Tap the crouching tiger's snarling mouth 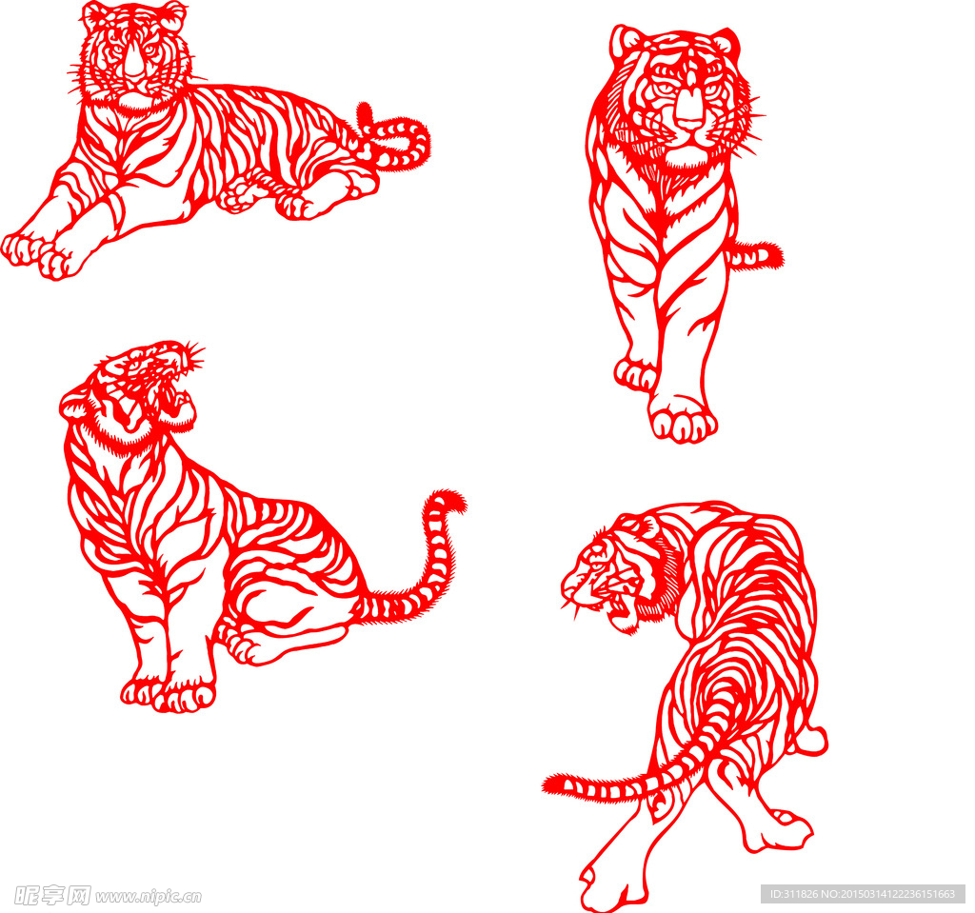616,605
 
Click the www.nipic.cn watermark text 148,896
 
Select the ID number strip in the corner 863,894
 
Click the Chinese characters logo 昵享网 52,895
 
